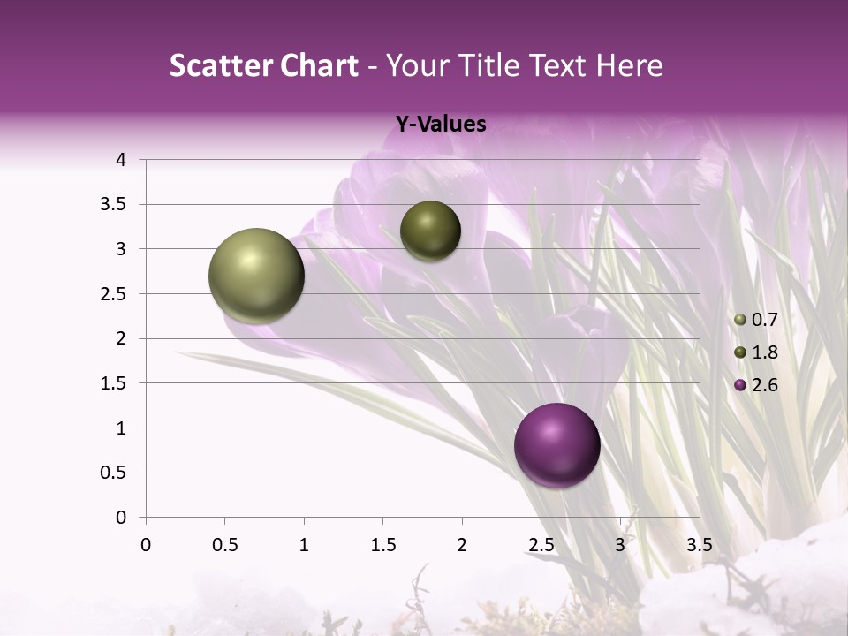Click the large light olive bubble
(257, 276)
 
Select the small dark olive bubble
(430, 231)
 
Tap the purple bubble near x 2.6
(556, 445)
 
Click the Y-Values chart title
(440, 125)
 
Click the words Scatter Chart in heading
(263, 65)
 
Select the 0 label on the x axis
(146, 544)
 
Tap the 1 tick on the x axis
(304, 544)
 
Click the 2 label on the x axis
(462, 544)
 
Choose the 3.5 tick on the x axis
(699, 544)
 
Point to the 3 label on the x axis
(620, 544)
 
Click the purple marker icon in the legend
(740, 385)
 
